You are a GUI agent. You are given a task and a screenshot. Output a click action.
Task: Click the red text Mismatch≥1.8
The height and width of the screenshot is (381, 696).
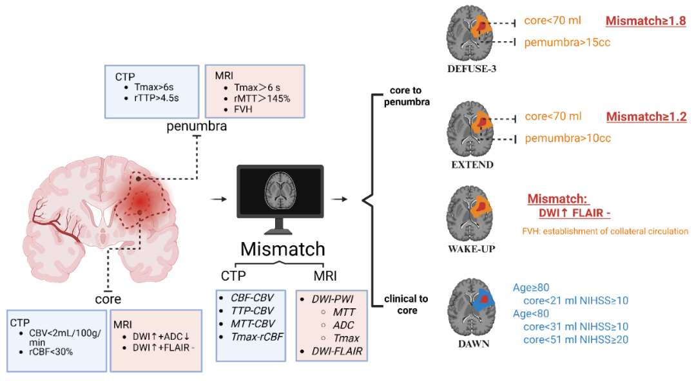point(646,21)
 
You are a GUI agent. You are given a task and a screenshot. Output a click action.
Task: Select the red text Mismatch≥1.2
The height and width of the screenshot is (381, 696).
point(646,117)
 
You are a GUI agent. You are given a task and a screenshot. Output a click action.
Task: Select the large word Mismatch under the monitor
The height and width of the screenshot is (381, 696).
point(282,249)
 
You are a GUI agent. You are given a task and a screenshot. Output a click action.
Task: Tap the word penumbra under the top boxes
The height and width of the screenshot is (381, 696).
point(197,126)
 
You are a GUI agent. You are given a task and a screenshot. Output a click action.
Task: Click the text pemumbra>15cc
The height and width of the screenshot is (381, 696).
point(567,43)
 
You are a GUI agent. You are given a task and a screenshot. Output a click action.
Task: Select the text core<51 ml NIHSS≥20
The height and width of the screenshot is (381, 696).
point(575,339)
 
